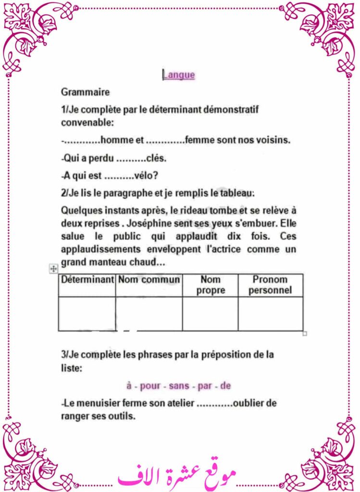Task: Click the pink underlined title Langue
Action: point(179,75)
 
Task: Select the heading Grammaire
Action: point(86,91)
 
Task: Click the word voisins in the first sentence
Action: point(274,140)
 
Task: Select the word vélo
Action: point(146,176)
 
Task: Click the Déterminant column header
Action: point(87,280)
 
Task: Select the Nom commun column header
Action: point(149,280)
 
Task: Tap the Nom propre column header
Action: point(211,285)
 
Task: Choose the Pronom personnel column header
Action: point(270,285)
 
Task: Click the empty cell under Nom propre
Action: point(211,313)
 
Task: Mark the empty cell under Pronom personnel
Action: point(270,313)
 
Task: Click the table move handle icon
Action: point(53,270)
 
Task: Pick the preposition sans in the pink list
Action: point(179,386)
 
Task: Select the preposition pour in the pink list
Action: point(150,386)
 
